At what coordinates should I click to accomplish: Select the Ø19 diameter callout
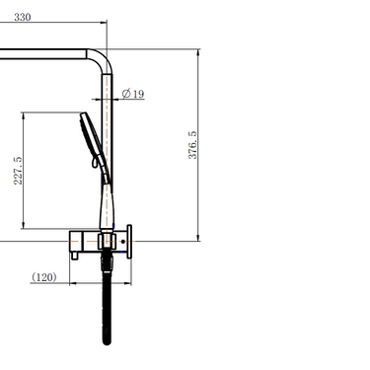[133, 94]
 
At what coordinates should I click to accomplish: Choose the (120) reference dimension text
[43, 277]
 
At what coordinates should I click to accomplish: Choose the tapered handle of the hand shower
[103, 197]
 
